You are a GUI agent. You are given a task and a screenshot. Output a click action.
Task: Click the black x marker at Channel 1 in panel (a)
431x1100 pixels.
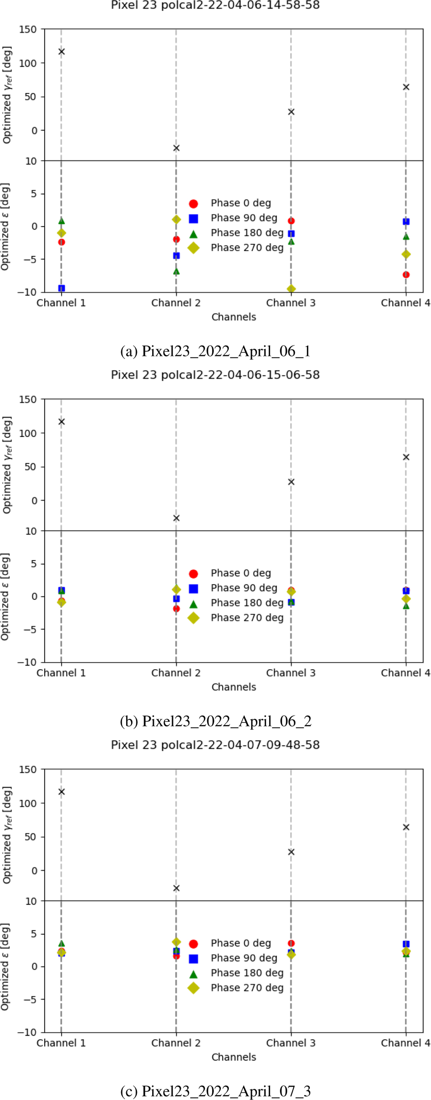click(61, 52)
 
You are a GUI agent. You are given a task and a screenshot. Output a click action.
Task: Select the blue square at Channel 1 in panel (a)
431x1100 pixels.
click(61, 288)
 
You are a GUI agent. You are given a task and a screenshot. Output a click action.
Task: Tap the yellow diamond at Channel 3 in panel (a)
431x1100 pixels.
click(291, 289)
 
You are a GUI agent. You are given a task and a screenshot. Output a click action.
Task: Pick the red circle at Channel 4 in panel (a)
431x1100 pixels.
click(406, 275)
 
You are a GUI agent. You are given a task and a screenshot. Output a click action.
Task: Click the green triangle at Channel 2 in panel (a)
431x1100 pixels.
click(176, 271)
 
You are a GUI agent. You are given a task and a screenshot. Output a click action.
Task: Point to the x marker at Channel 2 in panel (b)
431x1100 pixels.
click(176, 518)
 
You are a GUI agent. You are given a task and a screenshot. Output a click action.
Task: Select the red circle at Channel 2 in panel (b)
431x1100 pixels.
click(176, 609)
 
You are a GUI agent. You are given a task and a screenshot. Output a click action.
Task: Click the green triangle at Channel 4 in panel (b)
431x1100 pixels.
click(406, 606)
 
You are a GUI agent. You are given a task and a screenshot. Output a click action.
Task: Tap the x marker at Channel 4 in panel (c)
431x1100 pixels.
click(406, 827)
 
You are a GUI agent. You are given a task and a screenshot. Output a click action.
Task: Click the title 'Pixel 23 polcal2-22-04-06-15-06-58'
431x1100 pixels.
click(215, 375)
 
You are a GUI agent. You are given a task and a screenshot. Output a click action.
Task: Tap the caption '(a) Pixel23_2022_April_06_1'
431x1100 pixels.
click(215, 351)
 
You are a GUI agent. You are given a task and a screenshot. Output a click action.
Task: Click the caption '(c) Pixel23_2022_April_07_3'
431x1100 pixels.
click(215, 1091)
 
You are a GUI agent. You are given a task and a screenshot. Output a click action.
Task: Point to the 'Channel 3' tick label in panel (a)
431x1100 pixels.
click(291, 303)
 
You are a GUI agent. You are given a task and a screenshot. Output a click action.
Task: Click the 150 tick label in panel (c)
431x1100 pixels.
click(28, 769)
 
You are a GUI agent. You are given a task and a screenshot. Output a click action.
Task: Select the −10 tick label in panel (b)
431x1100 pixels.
click(27, 662)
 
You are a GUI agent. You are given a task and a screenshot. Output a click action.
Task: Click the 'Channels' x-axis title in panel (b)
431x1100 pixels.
click(234, 687)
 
